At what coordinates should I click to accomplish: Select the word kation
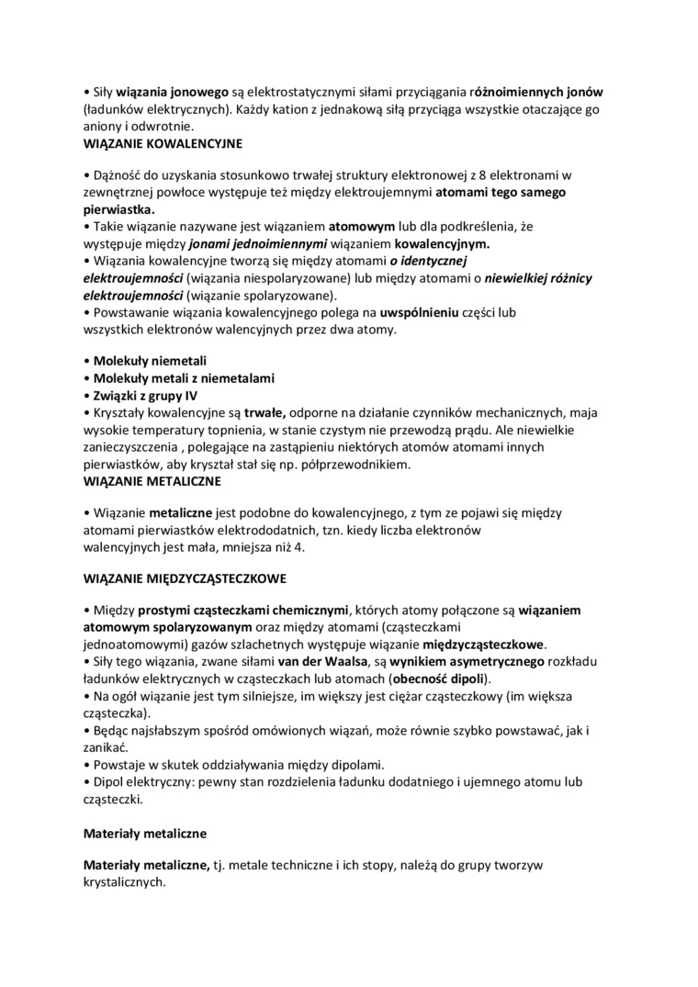point(285,109)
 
